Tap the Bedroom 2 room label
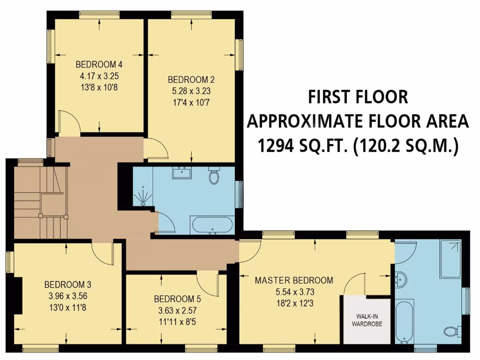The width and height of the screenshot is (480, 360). (x=191, y=79)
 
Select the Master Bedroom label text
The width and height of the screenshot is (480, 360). (x=294, y=280)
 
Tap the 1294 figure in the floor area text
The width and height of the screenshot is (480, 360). (x=278, y=146)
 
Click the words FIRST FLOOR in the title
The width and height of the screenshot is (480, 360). (x=358, y=97)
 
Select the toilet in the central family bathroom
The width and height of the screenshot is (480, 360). (x=214, y=176)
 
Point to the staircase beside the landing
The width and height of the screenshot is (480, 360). (x=40, y=202)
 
